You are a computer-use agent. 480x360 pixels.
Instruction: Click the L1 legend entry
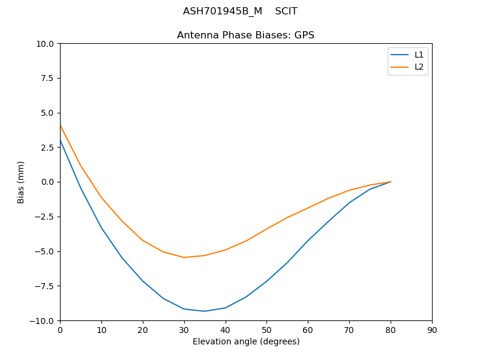[419, 55]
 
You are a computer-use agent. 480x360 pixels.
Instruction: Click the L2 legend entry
[419, 67]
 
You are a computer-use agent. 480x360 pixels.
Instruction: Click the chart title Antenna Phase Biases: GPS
[245, 35]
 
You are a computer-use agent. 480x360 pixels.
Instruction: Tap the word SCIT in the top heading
[286, 11]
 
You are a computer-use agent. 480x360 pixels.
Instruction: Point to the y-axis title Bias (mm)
[21, 182]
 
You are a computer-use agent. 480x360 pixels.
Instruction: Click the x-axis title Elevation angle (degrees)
[246, 341]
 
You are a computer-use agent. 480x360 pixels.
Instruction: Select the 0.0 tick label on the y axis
[47, 182]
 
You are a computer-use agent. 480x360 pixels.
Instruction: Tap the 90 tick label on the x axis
[432, 330]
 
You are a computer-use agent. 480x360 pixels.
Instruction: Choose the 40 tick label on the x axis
[226, 330]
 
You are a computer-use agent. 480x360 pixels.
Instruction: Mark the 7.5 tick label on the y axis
[47, 78]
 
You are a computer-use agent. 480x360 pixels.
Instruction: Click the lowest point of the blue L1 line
[205, 311]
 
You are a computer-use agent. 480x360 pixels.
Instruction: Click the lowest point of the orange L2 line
[184, 257]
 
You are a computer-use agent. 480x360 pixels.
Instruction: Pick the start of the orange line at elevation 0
[60, 125]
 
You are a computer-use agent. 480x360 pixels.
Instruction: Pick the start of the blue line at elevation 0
[60, 140]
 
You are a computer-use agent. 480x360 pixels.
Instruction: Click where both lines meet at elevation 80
[391, 182]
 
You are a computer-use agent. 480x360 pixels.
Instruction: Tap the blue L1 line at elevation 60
[308, 241]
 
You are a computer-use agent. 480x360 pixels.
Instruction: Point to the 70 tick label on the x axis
[349, 330]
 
